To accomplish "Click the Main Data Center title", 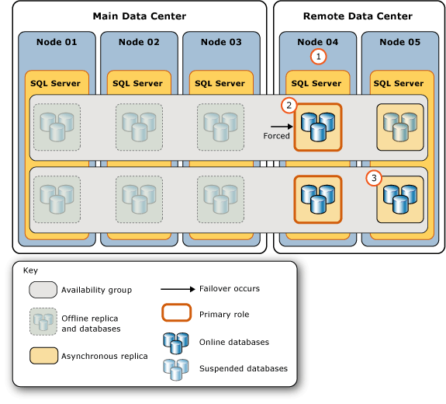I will coord(139,16).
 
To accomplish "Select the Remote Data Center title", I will coord(358,16).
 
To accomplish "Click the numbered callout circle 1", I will coord(317,56).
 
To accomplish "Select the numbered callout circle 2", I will coord(289,104).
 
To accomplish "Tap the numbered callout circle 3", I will coord(374,178).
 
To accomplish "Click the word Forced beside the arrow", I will coord(276,136).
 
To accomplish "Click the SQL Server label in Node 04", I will coord(316,83).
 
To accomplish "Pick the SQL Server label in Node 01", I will coord(55,83).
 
